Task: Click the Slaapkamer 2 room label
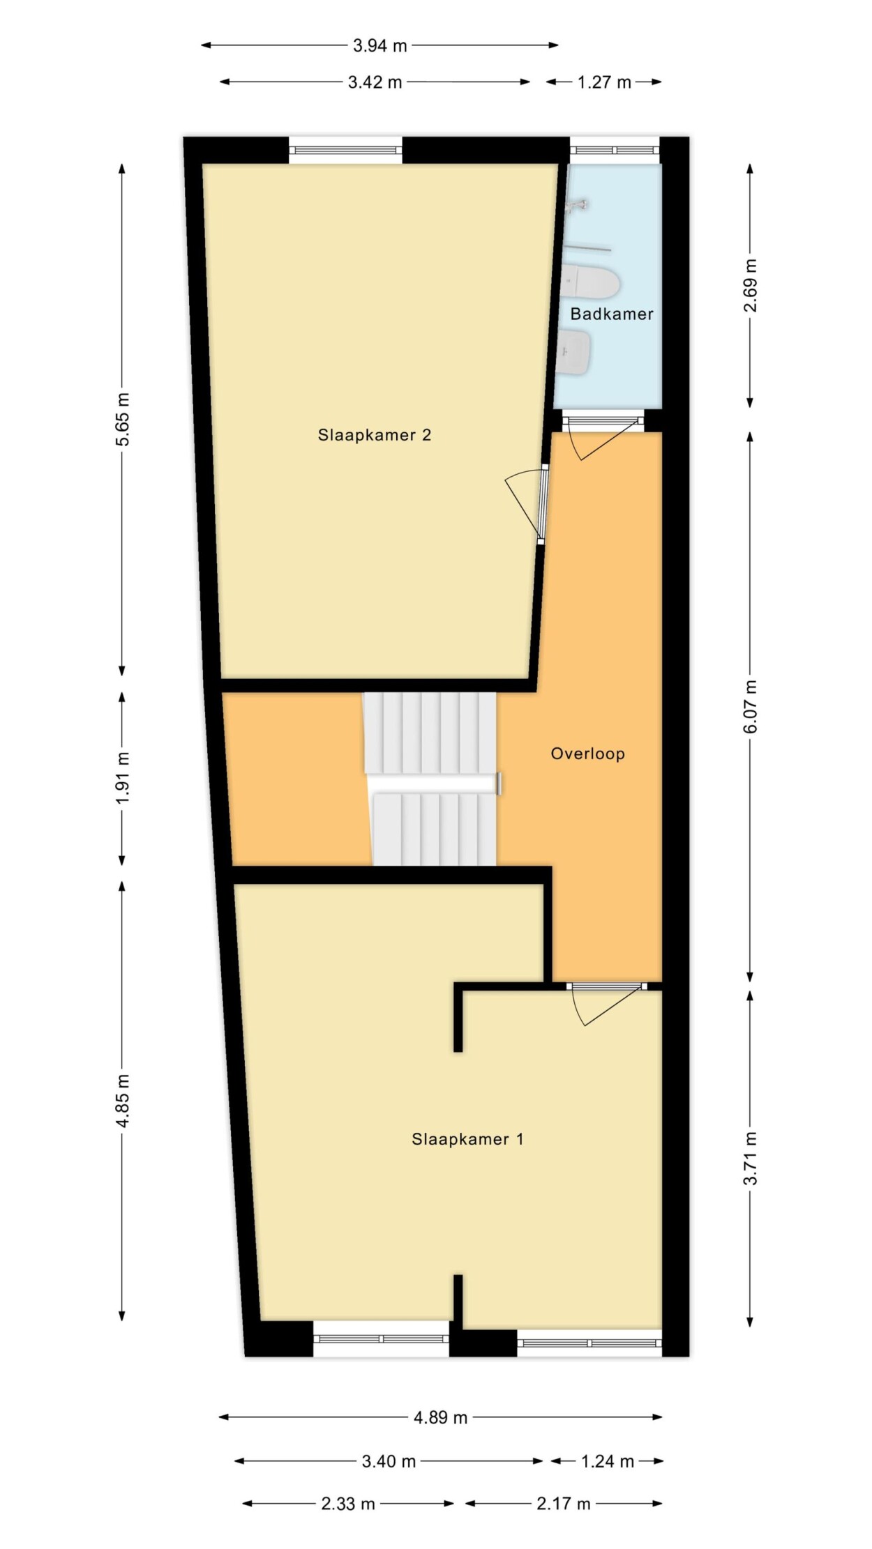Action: pos(375,435)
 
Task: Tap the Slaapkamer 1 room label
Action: pos(467,1139)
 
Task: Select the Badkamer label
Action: pos(612,314)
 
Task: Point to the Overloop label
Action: pos(588,754)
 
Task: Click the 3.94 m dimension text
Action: pos(379,45)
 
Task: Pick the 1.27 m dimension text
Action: pos(604,82)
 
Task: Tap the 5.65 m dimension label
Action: pos(123,419)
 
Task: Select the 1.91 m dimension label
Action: pos(123,777)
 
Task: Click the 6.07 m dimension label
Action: pos(751,707)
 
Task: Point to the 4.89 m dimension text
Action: pos(441,1417)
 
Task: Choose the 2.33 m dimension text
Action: pos(348,1504)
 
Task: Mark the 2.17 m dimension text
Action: pos(564,1504)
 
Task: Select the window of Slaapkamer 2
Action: pos(346,150)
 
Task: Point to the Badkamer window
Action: pos(615,150)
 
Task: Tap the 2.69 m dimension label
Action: pos(751,286)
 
